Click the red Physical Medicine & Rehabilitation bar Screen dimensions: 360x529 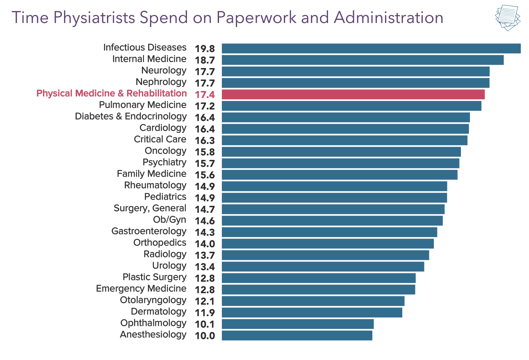(x=353, y=94)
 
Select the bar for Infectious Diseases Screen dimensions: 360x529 (x=371, y=48)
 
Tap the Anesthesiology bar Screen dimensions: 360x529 (x=297, y=335)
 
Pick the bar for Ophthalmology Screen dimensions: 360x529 (x=298, y=324)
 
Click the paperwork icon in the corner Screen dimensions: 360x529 (x=508, y=18)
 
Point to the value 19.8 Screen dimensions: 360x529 (x=205, y=49)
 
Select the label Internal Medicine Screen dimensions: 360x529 (x=149, y=59)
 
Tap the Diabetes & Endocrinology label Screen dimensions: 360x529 (x=130, y=116)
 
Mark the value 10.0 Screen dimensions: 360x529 (x=205, y=336)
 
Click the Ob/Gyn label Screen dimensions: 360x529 (x=169, y=220)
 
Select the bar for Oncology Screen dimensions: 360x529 (x=341, y=152)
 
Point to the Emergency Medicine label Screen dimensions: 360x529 (x=141, y=289)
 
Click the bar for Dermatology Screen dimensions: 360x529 (x=312, y=312)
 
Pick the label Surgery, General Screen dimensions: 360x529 (x=150, y=208)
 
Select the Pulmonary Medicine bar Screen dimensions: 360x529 (x=351, y=106)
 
